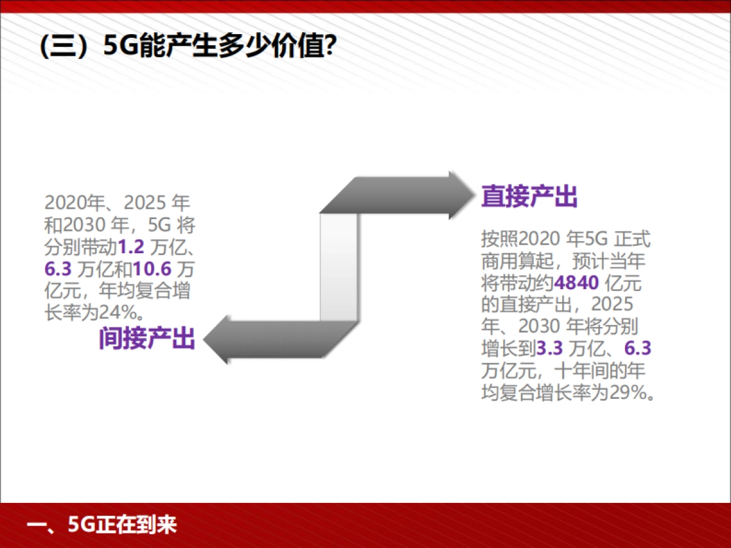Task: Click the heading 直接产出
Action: (529, 196)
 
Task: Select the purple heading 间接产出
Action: (147, 339)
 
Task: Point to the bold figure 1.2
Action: (131, 248)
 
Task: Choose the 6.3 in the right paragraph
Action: (638, 348)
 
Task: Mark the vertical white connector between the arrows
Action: (339, 267)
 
